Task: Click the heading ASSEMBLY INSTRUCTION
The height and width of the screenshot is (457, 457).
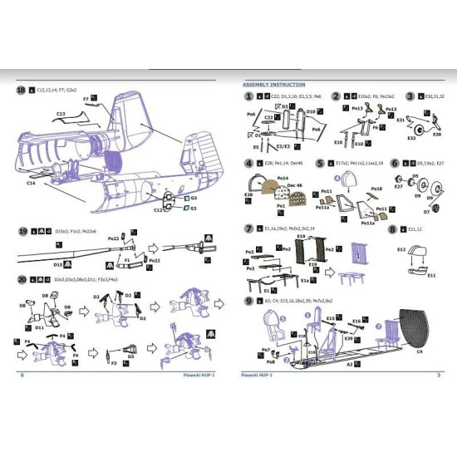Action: (273, 85)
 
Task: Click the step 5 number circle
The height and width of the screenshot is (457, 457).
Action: (320, 164)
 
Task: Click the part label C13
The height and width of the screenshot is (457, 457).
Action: (61, 113)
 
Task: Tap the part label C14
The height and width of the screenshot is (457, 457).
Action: (31, 183)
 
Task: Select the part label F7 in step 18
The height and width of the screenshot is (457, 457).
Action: (86, 99)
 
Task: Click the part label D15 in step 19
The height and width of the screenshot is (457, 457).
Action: (58, 263)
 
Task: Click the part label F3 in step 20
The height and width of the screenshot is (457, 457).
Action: (114, 362)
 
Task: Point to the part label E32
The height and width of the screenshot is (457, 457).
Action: (411, 138)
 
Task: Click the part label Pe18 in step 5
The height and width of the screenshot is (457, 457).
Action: (376, 189)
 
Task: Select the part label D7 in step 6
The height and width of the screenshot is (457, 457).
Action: (426, 213)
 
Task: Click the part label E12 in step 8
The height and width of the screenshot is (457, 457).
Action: (400, 248)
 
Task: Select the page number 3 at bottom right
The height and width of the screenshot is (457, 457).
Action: (438, 376)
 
